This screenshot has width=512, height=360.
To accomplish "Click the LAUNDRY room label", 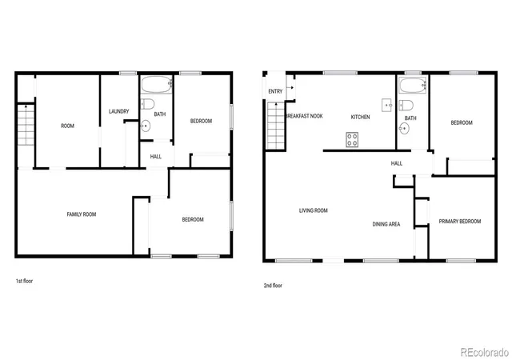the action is pyautogui.click(x=119, y=111).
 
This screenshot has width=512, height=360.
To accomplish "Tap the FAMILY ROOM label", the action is pyautogui.click(x=82, y=214).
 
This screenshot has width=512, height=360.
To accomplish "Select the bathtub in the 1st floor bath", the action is pyautogui.click(x=157, y=85).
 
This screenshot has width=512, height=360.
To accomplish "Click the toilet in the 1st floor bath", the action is pyautogui.click(x=147, y=104).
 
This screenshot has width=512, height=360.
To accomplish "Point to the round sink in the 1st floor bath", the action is pyautogui.click(x=146, y=126).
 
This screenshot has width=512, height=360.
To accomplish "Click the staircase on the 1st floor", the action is pyautogui.click(x=26, y=125).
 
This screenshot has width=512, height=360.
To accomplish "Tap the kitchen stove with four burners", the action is pyautogui.click(x=352, y=139).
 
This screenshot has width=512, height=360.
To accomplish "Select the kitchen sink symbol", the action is pyautogui.click(x=386, y=106).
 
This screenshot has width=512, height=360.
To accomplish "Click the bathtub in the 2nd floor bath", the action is pyautogui.click(x=413, y=86).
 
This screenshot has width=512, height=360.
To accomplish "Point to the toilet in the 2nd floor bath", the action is pyautogui.click(x=406, y=106).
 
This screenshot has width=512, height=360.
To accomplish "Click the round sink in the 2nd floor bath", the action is pyautogui.click(x=404, y=129).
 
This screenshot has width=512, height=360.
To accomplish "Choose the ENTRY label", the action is pyautogui.click(x=275, y=91).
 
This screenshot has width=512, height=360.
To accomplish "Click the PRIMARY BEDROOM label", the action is pyautogui.click(x=460, y=222).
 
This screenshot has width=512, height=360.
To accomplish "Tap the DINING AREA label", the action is pyautogui.click(x=386, y=224).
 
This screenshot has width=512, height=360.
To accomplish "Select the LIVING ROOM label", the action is pyautogui.click(x=314, y=210).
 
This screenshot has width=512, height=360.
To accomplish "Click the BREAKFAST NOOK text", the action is pyautogui.click(x=304, y=116).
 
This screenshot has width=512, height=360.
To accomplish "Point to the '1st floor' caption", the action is pyautogui.click(x=24, y=281).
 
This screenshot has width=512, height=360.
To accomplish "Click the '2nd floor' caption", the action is pyautogui.click(x=273, y=286).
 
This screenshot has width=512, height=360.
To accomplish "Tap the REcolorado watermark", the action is pyautogui.click(x=485, y=353).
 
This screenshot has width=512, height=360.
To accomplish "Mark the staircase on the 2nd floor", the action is pyautogui.click(x=276, y=126).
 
